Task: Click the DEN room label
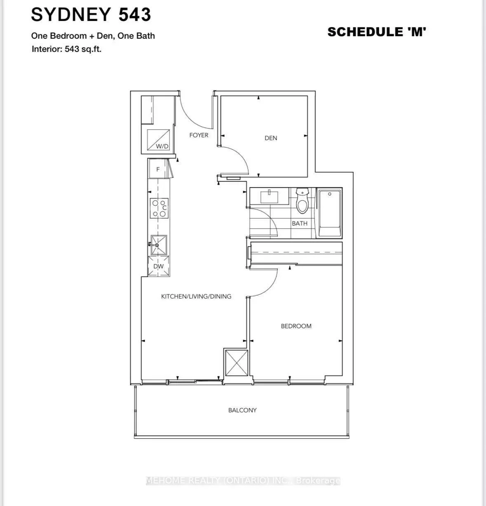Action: pos(271,138)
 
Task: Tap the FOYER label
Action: pos(199,135)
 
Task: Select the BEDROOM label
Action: pos(296,326)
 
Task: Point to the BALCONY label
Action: pos(242,410)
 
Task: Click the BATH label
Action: pos(299,224)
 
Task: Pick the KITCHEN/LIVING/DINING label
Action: pos(196,297)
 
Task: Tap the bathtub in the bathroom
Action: pos(329,213)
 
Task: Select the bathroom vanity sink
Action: pos(269,197)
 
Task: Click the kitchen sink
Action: pos(159,245)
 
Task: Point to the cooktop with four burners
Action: pos(159,208)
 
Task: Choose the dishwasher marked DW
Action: pos(159,266)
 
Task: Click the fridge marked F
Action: pos(158,169)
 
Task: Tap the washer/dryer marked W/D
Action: pos(158,140)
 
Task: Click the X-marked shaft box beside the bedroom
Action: pos(237,363)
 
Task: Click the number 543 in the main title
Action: pos(135,14)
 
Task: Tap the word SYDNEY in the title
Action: pos(71,14)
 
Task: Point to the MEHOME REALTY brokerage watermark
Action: pos(243,480)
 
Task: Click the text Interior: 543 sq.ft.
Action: pos(66,49)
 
